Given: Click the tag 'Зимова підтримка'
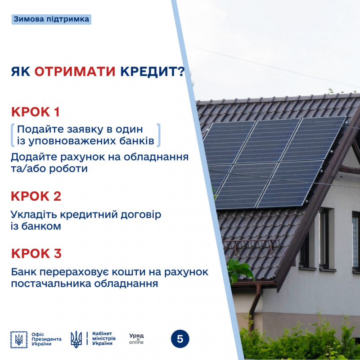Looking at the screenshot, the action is click(51, 19).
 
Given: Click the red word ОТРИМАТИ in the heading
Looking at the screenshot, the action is click(75, 72).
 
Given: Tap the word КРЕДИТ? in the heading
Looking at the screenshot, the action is click(153, 72).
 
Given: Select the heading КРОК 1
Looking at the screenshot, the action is click(36, 112).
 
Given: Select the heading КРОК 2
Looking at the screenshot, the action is click(36, 196).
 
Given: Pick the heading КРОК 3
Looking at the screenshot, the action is click(36, 253).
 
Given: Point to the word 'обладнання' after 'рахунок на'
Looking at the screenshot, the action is click(156, 157).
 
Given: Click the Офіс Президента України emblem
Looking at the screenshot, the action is click(19, 340).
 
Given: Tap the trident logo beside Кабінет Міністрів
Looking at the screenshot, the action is click(76, 339).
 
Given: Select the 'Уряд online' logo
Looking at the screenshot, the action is click(136, 339).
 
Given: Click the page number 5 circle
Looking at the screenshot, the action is click(180, 339).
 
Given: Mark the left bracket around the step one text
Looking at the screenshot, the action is click(13, 135).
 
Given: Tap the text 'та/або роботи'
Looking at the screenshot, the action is click(49, 169).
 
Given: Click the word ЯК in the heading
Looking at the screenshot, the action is click(21, 72).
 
